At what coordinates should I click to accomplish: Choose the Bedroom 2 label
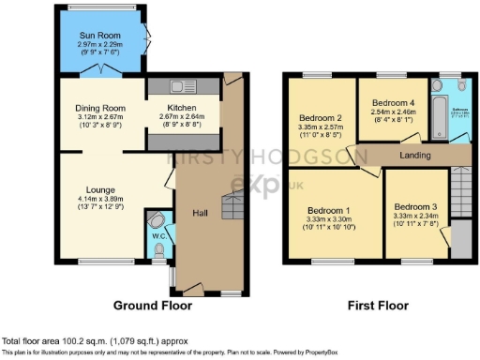(317, 117)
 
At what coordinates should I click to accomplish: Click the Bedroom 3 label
(415, 206)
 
